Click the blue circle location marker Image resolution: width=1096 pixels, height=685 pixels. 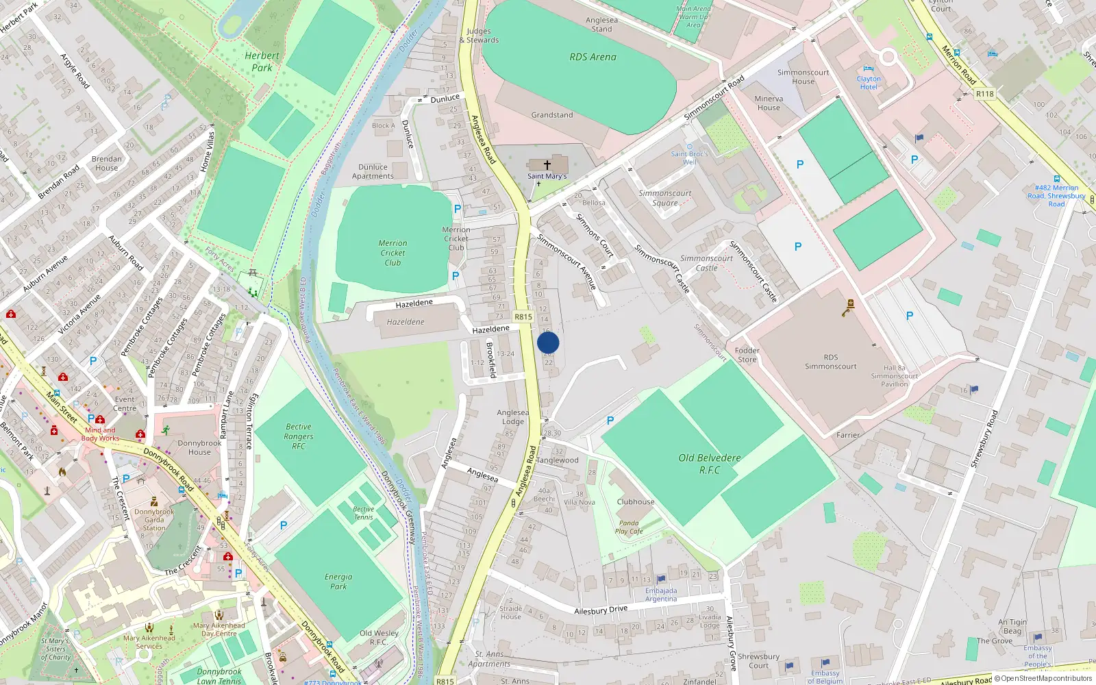[x=548, y=343]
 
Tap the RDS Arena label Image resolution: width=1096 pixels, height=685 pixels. [x=593, y=58]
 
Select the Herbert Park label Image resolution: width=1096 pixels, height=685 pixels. [x=262, y=62]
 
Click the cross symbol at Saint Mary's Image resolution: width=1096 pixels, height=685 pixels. [x=547, y=165]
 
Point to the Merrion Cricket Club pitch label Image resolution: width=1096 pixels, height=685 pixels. [x=393, y=253]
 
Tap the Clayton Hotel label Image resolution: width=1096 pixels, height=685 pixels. [x=869, y=83]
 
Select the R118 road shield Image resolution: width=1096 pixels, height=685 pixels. [x=984, y=94]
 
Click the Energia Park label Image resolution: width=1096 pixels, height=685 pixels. [x=338, y=582]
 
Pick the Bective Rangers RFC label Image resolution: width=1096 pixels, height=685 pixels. [x=299, y=436]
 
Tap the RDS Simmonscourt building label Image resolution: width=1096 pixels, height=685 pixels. [x=830, y=362]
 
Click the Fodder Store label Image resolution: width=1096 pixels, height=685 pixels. [x=747, y=355]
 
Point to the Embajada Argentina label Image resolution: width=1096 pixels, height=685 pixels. [x=661, y=595]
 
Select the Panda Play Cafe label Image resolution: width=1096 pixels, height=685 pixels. [x=629, y=527]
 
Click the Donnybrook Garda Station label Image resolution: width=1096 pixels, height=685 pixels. [x=154, y=520]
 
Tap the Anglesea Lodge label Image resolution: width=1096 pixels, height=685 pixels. [x=512, y=416]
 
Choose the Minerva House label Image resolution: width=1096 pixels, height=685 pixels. [x=769, y=103]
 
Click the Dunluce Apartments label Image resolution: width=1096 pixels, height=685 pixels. [x=373, y=171]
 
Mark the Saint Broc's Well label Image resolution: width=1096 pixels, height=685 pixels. [x=689, y=158]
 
